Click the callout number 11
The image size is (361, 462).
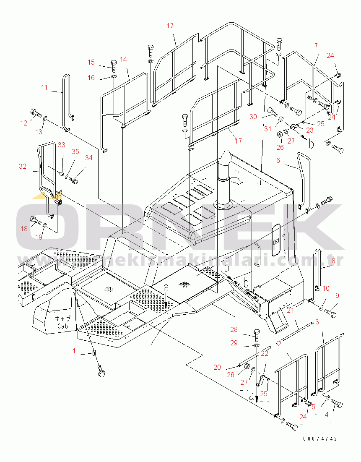(x=44, y=87)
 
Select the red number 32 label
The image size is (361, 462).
(x=23, y=166)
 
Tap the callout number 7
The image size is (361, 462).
(x=316, y=45)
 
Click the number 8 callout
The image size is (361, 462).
(x=333, y=261)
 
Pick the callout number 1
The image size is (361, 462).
(x=74, y=351)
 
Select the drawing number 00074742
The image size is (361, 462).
(x=320, y=439)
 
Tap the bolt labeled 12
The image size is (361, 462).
(x=35, y=112)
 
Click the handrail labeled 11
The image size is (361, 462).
(x=66, y=101)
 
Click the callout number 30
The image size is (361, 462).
(x=253, y=117)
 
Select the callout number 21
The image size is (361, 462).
(x=291, y=310)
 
